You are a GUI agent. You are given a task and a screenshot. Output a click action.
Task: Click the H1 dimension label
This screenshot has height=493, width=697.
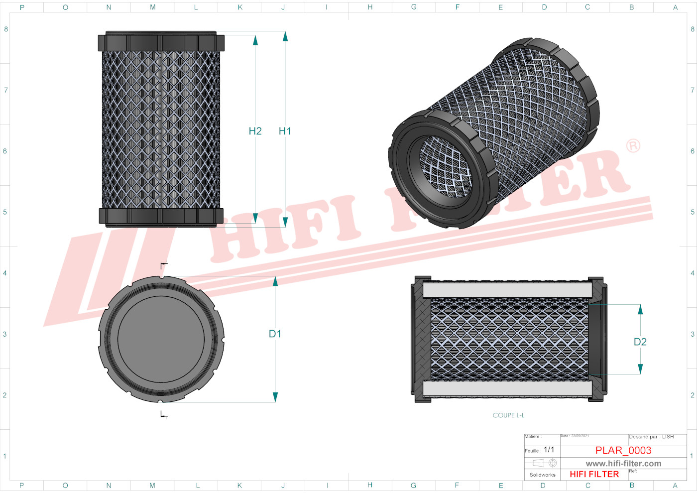285,131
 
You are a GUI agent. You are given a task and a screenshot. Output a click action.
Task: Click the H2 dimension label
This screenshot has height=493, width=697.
255,131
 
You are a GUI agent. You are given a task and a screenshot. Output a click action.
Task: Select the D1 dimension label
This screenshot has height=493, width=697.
275,334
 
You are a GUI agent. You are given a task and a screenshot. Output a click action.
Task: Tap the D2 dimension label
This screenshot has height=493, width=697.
640,342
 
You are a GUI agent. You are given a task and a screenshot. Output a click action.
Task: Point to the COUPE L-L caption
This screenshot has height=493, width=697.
508,415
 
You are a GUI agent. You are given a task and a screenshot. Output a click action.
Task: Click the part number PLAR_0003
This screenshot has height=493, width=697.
623,450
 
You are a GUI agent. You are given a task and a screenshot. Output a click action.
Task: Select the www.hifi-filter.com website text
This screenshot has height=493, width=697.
623,463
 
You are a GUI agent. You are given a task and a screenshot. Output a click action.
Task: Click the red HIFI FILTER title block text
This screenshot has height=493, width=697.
594,474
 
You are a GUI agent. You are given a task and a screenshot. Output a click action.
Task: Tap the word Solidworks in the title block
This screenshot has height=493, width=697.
542,475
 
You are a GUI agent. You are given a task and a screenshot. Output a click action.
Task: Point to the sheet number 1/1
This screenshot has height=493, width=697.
549,450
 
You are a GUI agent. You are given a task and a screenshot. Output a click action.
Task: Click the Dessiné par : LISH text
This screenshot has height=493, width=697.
651,437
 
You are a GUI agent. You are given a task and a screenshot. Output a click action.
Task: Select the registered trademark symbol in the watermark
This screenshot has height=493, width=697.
633,146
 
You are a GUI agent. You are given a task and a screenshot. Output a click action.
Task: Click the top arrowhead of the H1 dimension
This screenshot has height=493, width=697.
285,36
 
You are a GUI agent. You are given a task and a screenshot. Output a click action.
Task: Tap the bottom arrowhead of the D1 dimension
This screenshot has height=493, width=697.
275,397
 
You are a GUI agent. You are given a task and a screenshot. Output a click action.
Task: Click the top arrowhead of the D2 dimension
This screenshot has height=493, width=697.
640,309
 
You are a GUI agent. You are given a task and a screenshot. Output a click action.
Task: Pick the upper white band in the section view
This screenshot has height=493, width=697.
507,290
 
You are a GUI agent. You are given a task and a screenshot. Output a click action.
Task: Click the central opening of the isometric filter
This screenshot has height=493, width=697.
445,167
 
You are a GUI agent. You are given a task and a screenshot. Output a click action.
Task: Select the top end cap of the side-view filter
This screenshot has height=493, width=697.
161,42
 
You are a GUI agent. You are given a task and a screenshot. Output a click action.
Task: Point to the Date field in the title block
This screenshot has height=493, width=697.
575,436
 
